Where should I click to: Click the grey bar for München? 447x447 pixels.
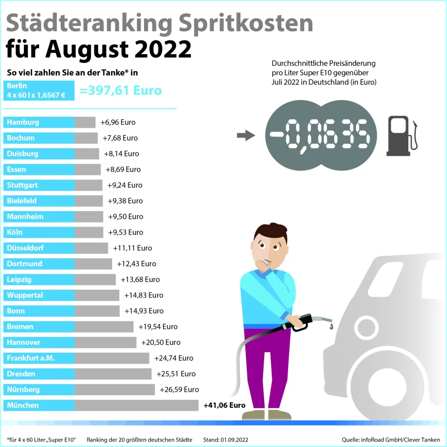pos(137,405)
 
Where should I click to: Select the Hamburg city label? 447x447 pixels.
pos(23,122)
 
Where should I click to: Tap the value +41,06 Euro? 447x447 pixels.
pos(224,405)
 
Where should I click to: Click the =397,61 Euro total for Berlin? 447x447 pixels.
pos(121,90)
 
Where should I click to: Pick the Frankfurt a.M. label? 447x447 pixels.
pos(31,358)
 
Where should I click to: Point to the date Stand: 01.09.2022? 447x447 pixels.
pos(225,440)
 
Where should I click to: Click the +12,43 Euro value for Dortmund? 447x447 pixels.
pos(137,264)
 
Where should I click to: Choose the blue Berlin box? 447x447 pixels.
pos(39,90)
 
